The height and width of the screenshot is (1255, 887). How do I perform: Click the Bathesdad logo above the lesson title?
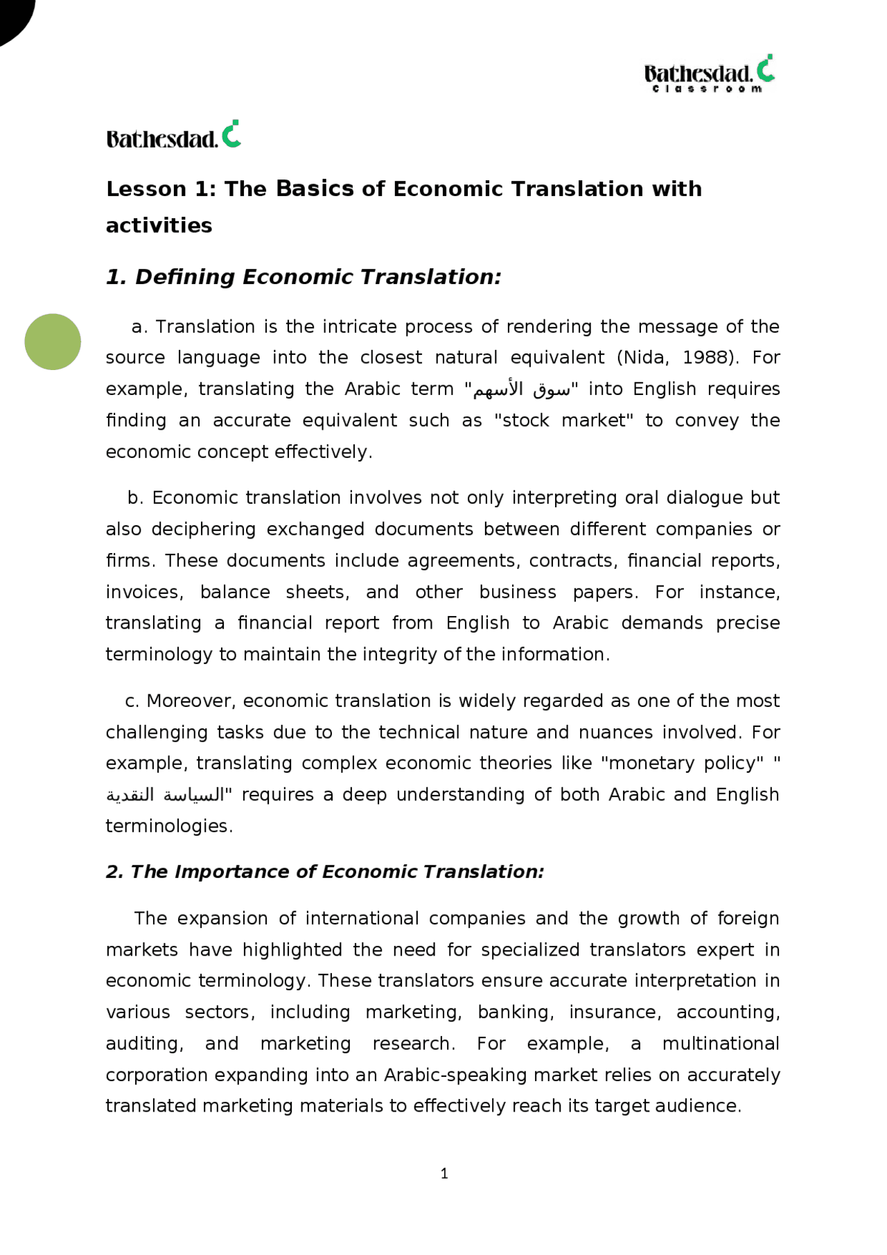[x=173, y=135]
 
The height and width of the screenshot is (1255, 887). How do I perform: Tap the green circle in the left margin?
[x=53, y=342]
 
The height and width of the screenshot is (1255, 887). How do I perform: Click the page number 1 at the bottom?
[x=444, y=1173]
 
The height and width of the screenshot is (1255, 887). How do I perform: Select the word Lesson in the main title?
[x=146, y=188]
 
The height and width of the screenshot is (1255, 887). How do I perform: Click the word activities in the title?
[x=159, y=225]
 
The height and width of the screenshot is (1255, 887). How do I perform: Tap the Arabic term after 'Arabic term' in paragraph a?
[x=522, y=389]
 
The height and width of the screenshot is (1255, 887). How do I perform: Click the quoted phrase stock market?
[x=563, y=421]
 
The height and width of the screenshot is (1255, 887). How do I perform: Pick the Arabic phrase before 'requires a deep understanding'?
[x=166, y=795]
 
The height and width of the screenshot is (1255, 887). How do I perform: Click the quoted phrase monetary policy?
[x=682, y=763]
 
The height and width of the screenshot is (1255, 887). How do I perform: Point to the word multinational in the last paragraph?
[x=721, y=1043]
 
